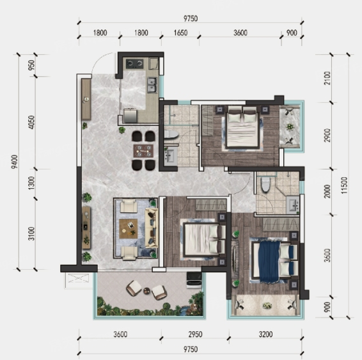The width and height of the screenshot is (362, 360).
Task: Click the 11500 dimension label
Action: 344,185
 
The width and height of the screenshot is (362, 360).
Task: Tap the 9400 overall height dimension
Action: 14,162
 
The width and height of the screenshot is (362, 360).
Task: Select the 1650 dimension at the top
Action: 180,33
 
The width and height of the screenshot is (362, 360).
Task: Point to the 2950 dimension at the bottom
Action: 195,334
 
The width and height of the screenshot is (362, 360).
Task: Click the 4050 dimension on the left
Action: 31,122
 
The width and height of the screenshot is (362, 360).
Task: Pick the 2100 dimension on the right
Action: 327,78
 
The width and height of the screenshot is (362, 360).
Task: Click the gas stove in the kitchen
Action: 134,64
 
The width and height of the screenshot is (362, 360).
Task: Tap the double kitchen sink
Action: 152,84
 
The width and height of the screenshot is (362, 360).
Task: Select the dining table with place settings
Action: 143,151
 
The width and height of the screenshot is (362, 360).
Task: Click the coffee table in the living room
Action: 129,229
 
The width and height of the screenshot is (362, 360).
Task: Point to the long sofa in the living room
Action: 152,228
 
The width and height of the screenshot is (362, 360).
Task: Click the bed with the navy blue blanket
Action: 274,262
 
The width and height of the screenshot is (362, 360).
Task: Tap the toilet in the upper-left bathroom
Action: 171,134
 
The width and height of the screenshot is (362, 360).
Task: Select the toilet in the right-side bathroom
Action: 265,185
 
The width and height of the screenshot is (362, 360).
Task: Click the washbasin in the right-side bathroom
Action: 293,205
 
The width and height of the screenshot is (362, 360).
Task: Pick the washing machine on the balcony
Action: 194,280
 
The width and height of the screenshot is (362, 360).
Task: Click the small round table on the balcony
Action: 147,290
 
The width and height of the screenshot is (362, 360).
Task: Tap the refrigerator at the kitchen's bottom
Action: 130,116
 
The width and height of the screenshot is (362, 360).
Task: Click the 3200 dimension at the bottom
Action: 265,334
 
